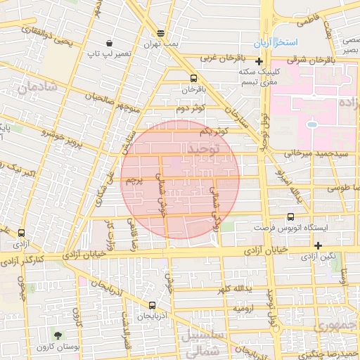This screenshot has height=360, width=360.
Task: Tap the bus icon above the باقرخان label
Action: (193, 78)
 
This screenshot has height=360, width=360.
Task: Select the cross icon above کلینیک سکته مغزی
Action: (259, 62)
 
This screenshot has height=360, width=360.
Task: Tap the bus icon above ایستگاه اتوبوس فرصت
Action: (291, 217)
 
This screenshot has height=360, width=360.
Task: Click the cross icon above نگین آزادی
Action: (319, 245)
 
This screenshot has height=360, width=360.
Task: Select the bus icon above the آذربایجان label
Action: (153, 305)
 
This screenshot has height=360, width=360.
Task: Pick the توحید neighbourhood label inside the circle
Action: (203, 149)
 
